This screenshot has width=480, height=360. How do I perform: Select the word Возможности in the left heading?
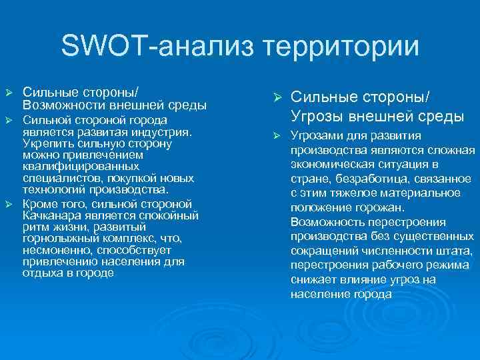pos(61,105)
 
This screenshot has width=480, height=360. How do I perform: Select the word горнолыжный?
pos(55,238)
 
